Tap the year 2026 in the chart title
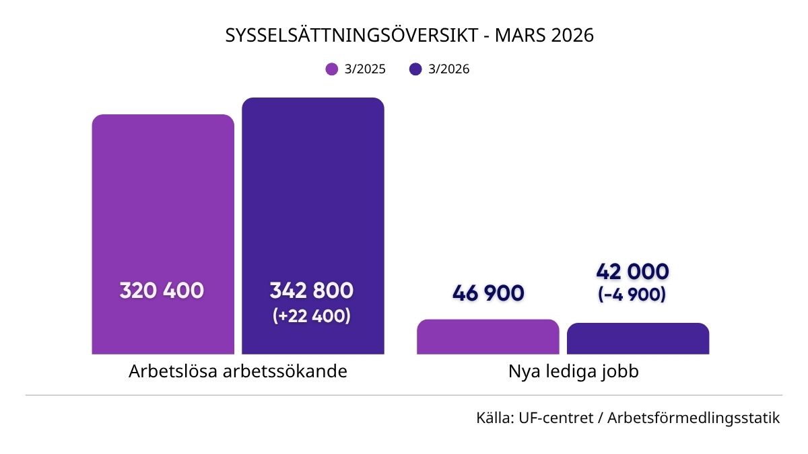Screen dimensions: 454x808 click(572, 36)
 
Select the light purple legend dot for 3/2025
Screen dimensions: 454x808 click(331, 69)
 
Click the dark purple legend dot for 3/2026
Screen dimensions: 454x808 click(415, 69)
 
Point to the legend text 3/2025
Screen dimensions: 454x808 click(365, 69)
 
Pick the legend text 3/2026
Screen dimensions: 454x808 click(449, 69)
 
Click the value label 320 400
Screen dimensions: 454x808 click(162, 291)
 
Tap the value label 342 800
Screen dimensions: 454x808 click(312, 291)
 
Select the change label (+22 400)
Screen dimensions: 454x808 click(312, 315)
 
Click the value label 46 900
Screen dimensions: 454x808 click(488, 293)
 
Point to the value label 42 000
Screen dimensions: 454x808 click(632, 272)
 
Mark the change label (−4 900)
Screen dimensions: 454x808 click(632, 295)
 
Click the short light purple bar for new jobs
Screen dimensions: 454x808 click(488, 337)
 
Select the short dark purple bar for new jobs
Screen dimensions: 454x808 click(638, 339)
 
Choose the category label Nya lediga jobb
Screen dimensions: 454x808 click(574, 371)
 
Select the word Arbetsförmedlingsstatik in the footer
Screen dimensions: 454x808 click(694, 418)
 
